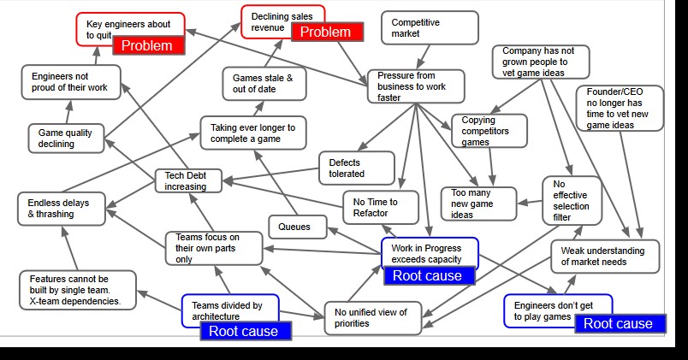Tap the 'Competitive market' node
coord(430,27)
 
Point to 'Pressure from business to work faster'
coord(415,86)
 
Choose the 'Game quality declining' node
coord(65,138)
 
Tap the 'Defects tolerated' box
coord(356,168)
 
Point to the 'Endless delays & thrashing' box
coord(64,208)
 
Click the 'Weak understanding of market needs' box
coord(605,256)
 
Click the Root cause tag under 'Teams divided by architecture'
coord(245,331)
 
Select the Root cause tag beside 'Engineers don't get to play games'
coord(619,323)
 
